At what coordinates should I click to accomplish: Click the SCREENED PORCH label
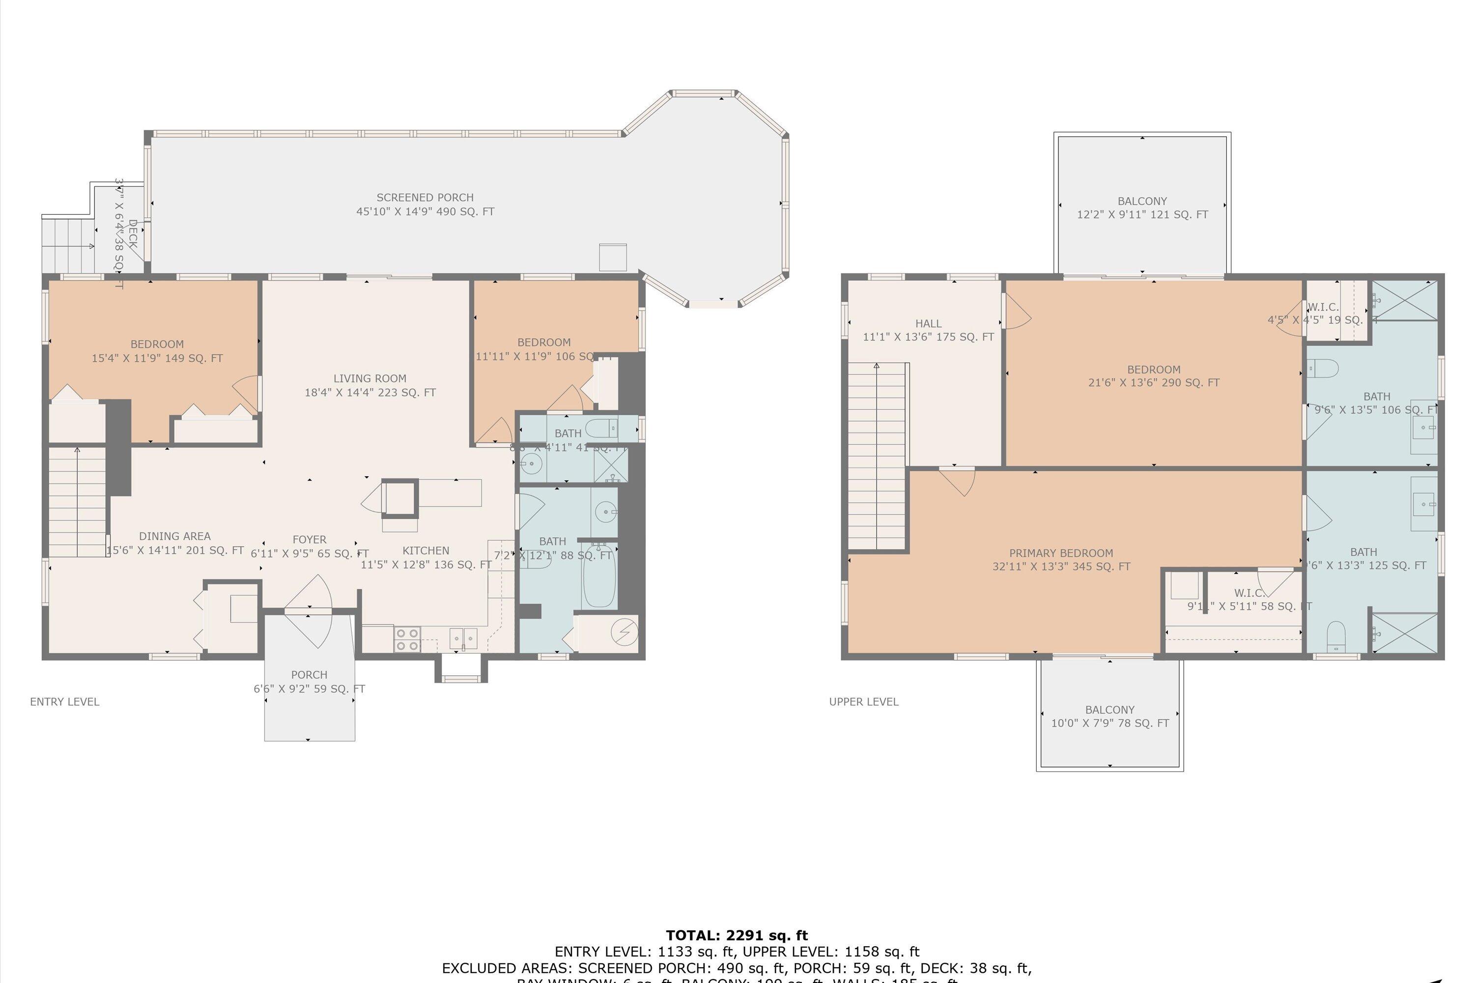tap(425, 204)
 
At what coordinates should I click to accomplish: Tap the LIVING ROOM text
tap(370, 385)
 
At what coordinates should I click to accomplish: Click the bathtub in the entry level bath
tap(598, 576)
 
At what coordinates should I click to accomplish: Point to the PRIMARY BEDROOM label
tap(1061, 559)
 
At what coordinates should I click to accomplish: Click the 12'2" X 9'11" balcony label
tap(1142, 207)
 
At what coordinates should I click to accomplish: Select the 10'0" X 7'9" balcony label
tap(1109, 716)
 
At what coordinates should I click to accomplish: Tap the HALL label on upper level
tap(928, 330)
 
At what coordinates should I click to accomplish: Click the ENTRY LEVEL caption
tap(64, 701)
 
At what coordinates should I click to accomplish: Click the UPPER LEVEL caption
tap(864, 701)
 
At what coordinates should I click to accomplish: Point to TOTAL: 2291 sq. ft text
tap(737, 935)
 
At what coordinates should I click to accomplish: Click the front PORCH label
tap(309, 681)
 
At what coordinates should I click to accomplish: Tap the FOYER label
tap(309, 546)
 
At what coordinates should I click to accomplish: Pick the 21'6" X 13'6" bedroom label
tap(1153, 376)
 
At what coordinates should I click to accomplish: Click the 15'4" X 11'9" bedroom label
tap(157, 351)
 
